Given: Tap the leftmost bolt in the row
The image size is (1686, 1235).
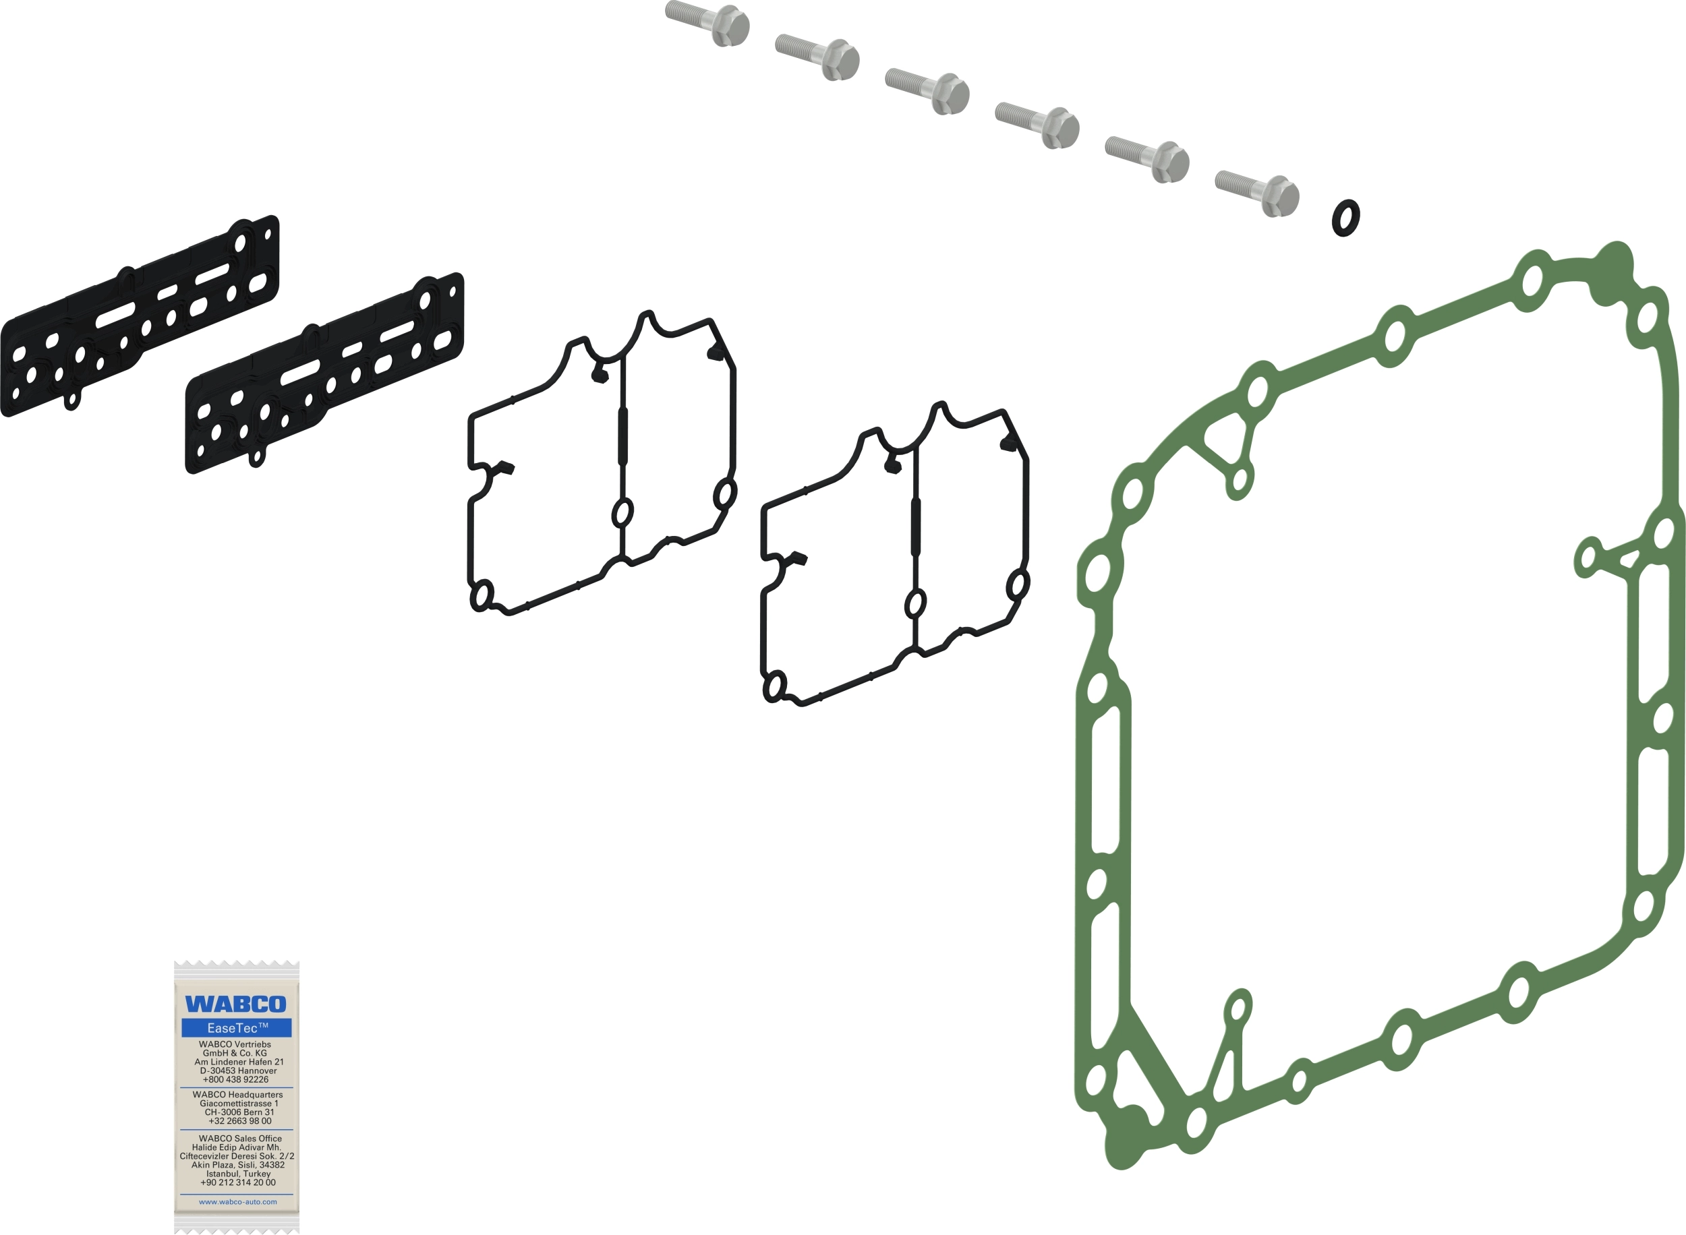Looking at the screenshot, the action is point(707,23).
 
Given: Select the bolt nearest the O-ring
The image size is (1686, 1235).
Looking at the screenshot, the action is point(1258,193).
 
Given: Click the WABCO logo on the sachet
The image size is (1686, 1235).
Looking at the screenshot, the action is point(235,1004).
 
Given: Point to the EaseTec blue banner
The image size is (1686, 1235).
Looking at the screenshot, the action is point(236,1028).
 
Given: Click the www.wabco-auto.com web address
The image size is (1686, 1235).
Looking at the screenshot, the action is point(238,1202).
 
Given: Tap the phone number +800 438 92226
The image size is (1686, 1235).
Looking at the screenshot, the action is point(235,1079).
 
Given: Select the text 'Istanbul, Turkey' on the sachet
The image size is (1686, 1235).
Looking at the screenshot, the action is point(239,1174).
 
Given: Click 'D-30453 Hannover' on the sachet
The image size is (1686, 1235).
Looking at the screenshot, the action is point(238,1071).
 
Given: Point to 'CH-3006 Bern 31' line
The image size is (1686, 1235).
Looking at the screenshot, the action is point(239,1112).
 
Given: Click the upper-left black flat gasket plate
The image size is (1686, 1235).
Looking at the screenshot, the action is point(140,316).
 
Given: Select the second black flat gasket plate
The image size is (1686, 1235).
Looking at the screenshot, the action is point(324,373).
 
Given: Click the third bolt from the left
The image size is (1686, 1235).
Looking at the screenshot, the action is point(927,91).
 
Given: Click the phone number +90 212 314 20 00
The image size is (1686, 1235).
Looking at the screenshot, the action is point(238,1182).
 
